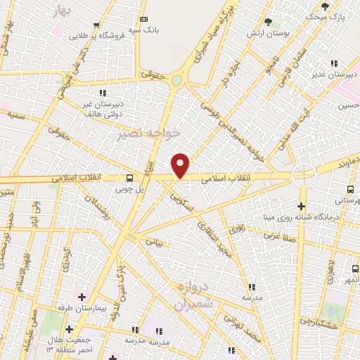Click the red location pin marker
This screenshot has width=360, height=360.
pos(181,166)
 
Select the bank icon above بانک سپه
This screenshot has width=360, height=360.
pos(144,20)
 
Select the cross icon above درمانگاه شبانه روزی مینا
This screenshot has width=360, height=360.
pos(302,206)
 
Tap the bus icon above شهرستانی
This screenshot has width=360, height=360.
pos(350,189)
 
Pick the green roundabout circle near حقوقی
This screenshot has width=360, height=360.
pos(176,81)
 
